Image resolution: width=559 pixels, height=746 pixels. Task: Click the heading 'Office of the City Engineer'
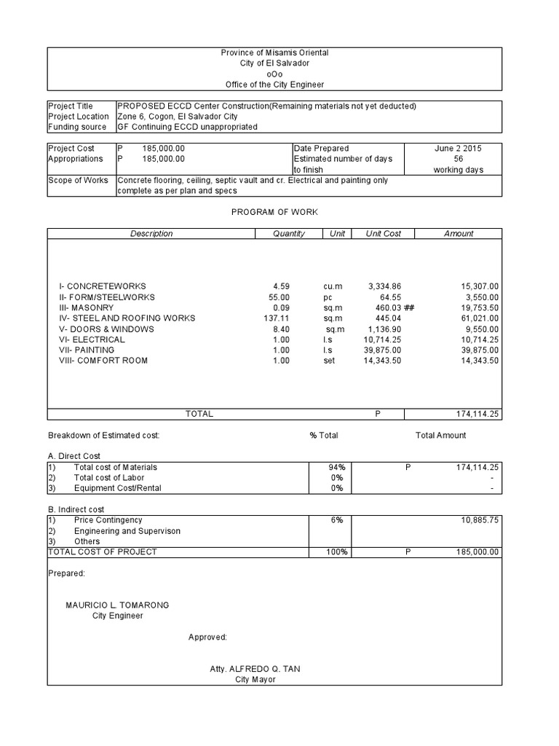coord(274,85)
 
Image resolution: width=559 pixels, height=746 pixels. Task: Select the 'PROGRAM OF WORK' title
coord(274,211)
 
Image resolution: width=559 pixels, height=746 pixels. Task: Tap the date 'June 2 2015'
coord(458,148)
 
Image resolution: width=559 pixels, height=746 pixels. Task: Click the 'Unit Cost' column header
coord(383,234)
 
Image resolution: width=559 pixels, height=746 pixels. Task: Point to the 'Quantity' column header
coord(289,234)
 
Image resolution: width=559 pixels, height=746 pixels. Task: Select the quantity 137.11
coord(279,318)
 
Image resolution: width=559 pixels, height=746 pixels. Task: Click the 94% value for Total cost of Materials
coord(336,467)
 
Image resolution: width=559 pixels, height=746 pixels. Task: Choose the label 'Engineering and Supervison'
coord(127,531)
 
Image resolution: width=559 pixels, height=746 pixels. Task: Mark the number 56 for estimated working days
coord(458,159)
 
